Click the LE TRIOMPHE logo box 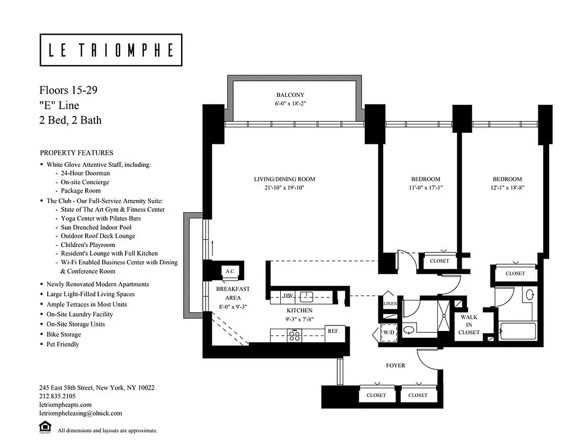[111, 50]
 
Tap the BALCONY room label [290, 95]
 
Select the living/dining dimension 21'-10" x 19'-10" [284, 188]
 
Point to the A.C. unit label [230, 270]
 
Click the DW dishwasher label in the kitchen [288, 295]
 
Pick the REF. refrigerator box [333, 331]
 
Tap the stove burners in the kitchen [295, 335]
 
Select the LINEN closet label [390, 304]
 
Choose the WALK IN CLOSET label [468, 325]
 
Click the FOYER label [395, 366]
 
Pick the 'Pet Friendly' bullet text [63, 344]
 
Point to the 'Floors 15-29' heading [68, 90]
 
